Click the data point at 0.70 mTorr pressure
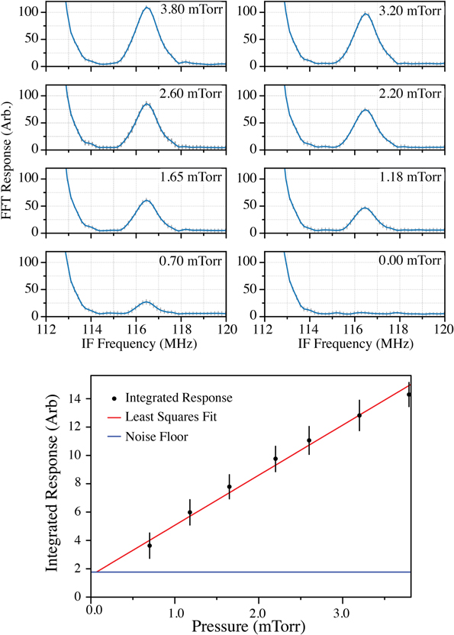(x=150, y=545)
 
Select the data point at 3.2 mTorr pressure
(x=359, y=415)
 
